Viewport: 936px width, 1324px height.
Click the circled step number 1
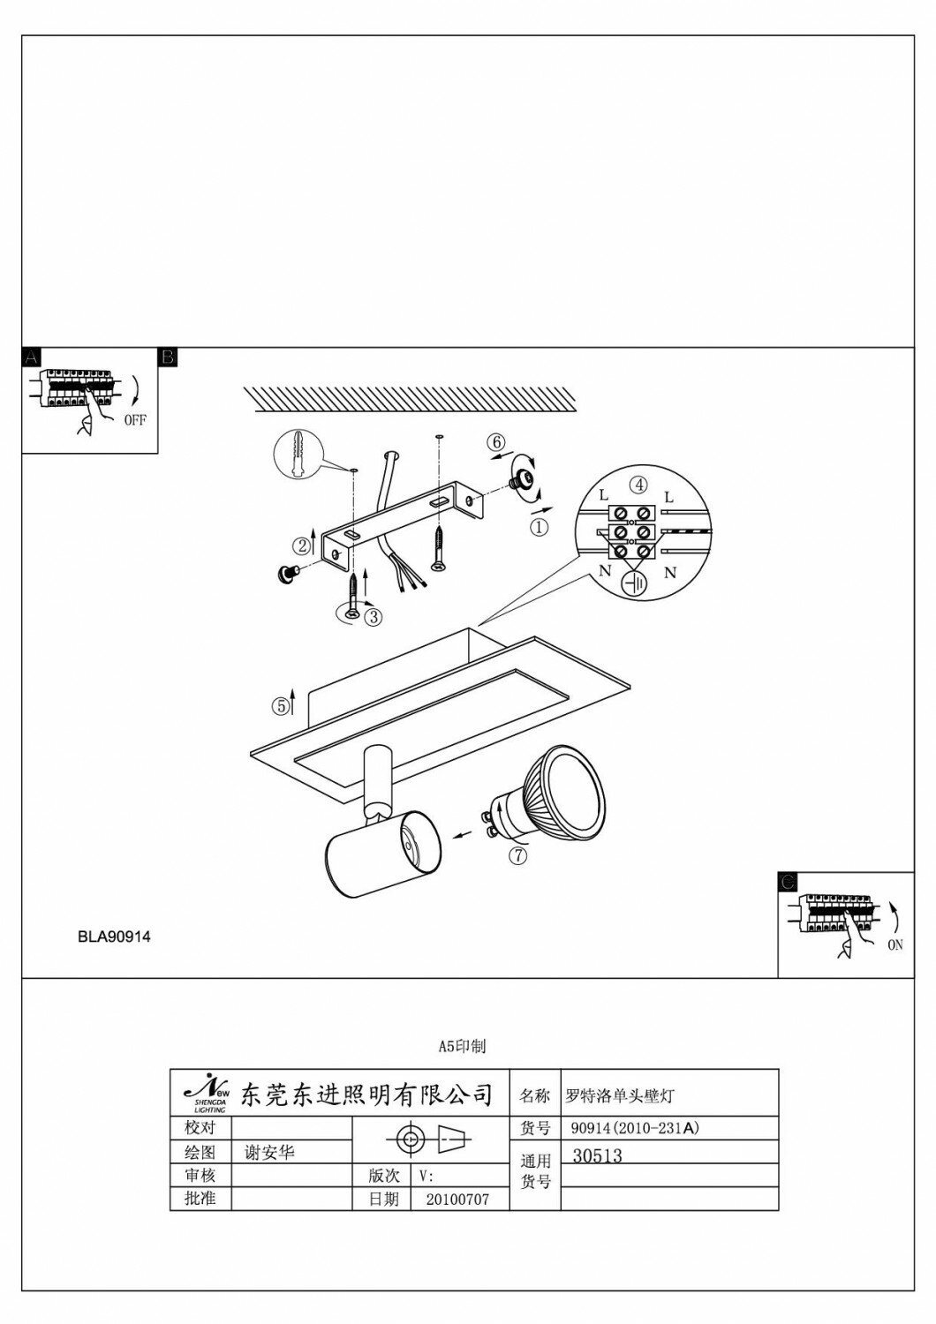(539, 527)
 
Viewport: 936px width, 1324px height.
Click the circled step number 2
(302, 545)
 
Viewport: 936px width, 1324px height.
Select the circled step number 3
(373, 617)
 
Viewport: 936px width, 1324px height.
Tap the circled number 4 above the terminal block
(638, 484)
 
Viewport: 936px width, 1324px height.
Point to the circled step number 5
(280, 705)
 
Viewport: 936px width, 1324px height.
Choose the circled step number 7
(518, 854)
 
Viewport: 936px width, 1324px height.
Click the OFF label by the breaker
(135, 420)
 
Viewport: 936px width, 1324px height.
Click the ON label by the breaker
(894, 944)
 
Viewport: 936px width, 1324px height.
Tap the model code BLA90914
(114, 937)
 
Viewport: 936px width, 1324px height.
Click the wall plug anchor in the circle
(297, 456)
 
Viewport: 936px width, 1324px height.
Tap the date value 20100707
(456, 1200)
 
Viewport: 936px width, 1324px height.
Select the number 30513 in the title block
(598, 1156)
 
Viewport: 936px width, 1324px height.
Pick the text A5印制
(462, 1047)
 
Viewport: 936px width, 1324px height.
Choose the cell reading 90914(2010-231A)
(635, 1128)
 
